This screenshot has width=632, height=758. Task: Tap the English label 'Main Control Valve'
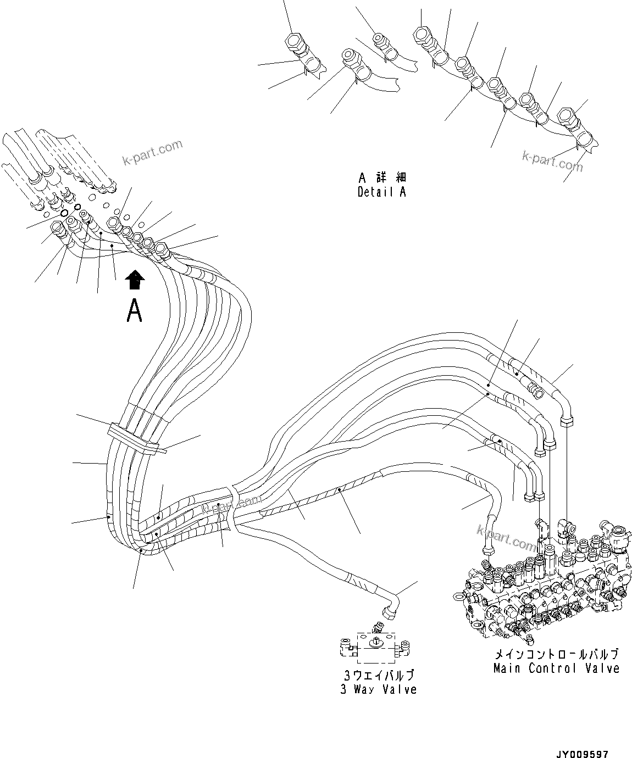pos(556,668)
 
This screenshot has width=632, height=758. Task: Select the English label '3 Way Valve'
pos(378,689)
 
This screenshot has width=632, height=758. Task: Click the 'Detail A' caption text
pos(381,192)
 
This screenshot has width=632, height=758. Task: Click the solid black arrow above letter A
pos(135,280)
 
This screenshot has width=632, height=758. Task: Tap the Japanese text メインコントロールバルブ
pos(556,654)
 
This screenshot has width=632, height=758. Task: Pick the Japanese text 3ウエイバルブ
pos(378,675)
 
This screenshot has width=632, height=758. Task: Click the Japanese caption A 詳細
pos(382,178)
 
